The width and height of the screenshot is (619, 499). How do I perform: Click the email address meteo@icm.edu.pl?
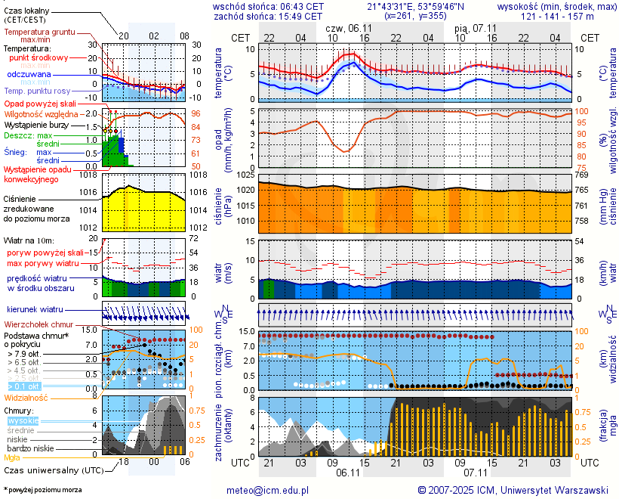[268, 490]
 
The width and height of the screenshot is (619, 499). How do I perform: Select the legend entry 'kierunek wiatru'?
[35, 310]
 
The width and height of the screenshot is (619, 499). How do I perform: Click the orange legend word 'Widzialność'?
[26, 396]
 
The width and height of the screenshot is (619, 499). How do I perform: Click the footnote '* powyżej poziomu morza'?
[42, 490]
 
